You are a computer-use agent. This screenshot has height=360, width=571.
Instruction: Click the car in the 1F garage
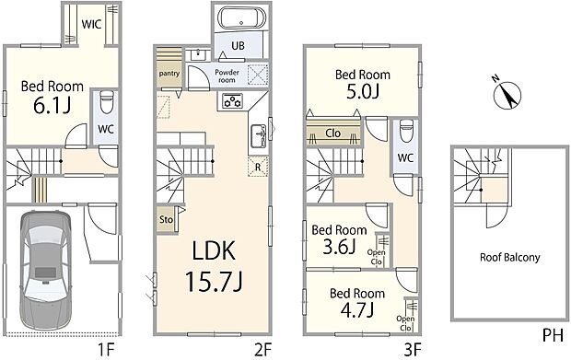pyautogui.click(x=45, y=271)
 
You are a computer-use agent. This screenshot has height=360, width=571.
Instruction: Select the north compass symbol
pyautogui.click(x=507, y=94)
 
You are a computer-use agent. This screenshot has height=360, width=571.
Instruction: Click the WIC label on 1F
pyautogui.click(x=91, y=24)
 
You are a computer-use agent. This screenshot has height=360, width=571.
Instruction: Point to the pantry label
pyautogui.click(x=169, y=74)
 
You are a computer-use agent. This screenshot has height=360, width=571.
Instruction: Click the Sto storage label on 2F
pyautogui.click(x=166, y=219)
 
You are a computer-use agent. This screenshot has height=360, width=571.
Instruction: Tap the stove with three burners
pyautogui.click(x=233, y=101)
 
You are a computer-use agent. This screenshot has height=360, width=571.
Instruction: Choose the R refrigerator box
pyautogui.click(x=258, y=167)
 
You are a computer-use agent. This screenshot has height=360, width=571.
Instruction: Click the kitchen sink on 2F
pyautogui.click(x=259, y=135)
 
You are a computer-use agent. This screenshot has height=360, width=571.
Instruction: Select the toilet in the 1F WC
pyautogui.click(x=107, y=102)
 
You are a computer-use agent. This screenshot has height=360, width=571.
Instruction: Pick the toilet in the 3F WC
pyautogui.click(x=406, y=131)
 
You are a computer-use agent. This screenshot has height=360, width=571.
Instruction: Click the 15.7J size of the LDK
pyautogui.click(x=214, y=282)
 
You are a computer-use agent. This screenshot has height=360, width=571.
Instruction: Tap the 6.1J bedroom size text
pyautogui.click(x=52, y=106)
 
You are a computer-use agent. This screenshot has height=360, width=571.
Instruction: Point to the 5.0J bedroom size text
pyautogui.click(x=362, y=91)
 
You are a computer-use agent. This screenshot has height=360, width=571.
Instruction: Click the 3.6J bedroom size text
pyautogui.click(x=339, y=247)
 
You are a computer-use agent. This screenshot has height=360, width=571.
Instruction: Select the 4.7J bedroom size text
pyautogui.click(x=357, y=310)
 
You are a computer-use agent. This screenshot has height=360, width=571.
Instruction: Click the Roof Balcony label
pyautogui.click(x=510, y=258)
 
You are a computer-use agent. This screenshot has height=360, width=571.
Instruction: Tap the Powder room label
pyautogui.click(x=227, y=75)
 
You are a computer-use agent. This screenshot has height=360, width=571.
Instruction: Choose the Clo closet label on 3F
pyautogui.click(x=332, y=134)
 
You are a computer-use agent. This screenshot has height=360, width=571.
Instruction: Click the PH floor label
pyautogui.click(x=553, y=335)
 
